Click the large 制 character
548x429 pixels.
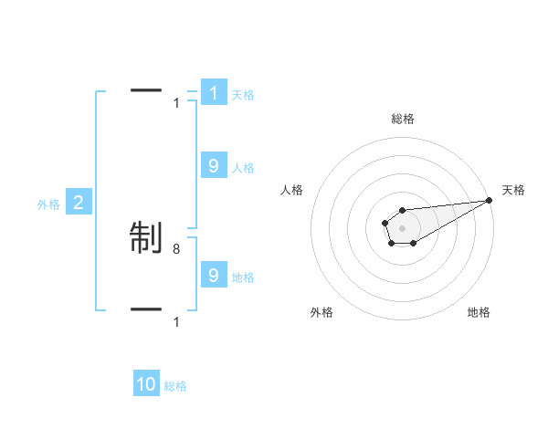(146, 236)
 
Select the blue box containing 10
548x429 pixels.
(146, 384)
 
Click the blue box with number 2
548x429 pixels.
(79, 203)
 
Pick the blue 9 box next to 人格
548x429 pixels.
(213, 166)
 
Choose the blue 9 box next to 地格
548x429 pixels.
(213, 275)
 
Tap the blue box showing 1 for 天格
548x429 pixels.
(213, 93)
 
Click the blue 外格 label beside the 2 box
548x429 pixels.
(48, 204)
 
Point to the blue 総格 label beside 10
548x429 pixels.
(175, 386)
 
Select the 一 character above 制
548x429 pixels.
(146, 90)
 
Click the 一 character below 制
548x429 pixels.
(146, 309)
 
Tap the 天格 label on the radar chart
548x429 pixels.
(513, 190)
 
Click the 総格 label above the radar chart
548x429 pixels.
(402, 119)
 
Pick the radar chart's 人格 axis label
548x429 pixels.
(292, 190)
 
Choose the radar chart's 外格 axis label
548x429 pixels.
(321, 312)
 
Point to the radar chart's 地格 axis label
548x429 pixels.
(479, 312)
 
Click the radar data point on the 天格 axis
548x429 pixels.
(489, 200)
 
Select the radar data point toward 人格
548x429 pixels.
(385, 222)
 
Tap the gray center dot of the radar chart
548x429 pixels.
(402, 227)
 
